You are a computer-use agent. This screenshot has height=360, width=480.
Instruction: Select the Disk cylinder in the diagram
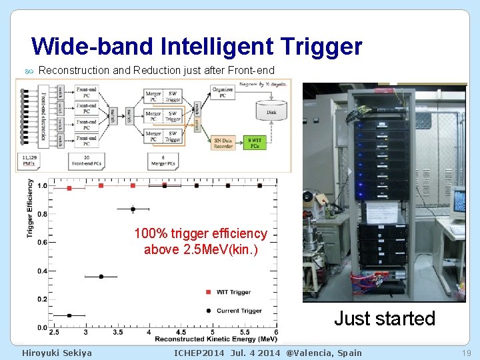271,112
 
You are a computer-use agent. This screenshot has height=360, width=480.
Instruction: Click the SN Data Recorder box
223,143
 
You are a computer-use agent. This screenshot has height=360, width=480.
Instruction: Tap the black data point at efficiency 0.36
101,277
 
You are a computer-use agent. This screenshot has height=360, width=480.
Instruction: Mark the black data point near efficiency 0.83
133,209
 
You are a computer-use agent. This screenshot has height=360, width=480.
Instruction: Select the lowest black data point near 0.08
69,315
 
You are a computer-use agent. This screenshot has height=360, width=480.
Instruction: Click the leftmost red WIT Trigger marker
69,188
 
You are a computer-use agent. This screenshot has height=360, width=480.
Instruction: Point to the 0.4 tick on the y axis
42,271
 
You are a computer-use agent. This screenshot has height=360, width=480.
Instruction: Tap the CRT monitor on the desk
459,207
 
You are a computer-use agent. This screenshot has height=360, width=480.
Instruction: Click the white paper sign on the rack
381,212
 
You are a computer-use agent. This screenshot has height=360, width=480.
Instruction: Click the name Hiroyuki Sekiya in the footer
57,353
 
